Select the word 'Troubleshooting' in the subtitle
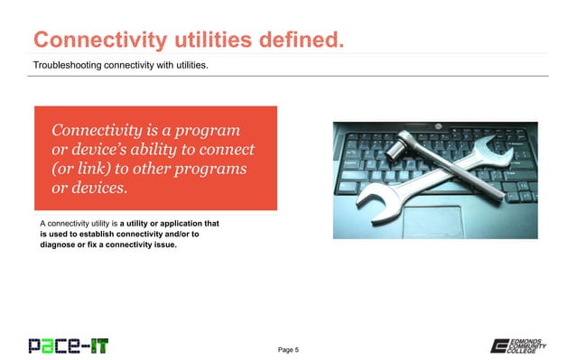click(x=71, y=65)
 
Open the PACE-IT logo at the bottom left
click(x=68, y=345)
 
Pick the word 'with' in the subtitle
click(x=172, y=65)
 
